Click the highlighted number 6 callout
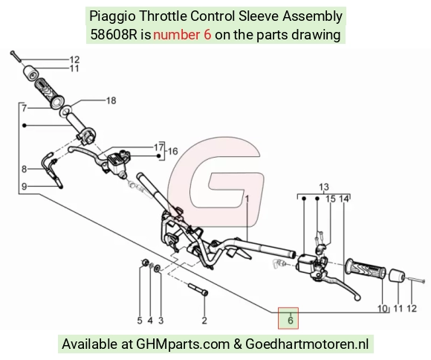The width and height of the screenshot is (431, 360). pyautogui.click(x=291, y=321)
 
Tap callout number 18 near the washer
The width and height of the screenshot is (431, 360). pyautogui.click(x=111, y=100)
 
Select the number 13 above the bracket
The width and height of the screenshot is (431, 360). pyautogui.click(x=324, y=187)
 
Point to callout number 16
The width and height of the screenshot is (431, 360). pyautogui.click(x=172, y=151)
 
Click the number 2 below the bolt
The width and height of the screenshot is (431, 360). pyautogui.click(x=204, y=321)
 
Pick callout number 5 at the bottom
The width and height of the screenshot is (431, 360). pyautogui.click(x=140, y=321)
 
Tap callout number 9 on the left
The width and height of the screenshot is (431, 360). pyautogui.click(x=25, y=187)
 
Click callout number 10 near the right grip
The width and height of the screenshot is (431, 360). pyautogui.click(x=383, y=309)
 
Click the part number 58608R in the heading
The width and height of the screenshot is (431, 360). pyautogui.click(x=114, y=35)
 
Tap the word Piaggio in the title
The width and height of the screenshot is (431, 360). pyautogui.click(x=112, y=16)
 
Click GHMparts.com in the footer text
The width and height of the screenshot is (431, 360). pyautogui.click(x=183, y=344)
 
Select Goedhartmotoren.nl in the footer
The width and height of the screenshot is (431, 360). pyautogui.click(x=307, y=344)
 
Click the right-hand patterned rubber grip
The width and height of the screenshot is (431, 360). pyautogui.click(x=366, y=269)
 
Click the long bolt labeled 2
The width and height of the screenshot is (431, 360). pyautogui.click(x=198, y=289)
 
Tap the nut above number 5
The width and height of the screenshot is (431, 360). pyautogui.click(x=145, y=263)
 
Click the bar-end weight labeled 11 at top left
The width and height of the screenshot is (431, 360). pyautogui.click(x=30, y=74)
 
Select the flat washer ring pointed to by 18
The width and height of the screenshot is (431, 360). pyautogui.click(x=66, y=112)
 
